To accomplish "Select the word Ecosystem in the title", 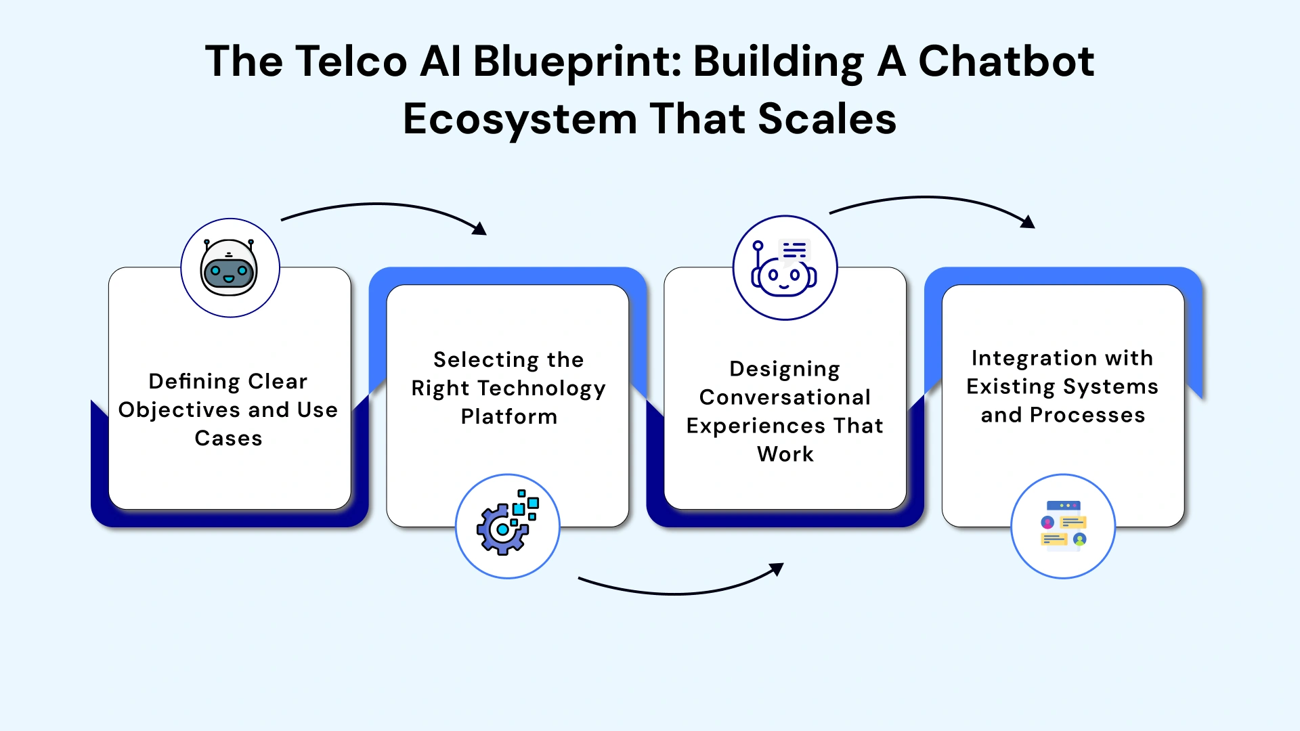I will point(520,120).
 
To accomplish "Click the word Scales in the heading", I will point(827,120).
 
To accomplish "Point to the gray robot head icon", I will point(230,268).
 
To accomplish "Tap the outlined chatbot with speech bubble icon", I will point(785,268).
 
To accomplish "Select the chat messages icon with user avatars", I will point(1063,526).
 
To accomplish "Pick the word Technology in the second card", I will point(542,389).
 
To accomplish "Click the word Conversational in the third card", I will point(785,397).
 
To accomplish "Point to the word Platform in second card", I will point(509,417).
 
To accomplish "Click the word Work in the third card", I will point(785,454).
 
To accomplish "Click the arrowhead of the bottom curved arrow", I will point(778,569).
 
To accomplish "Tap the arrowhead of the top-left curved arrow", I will point(480,229).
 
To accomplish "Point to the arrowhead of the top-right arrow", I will point(1028,222).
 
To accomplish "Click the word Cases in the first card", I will point(228,439).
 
